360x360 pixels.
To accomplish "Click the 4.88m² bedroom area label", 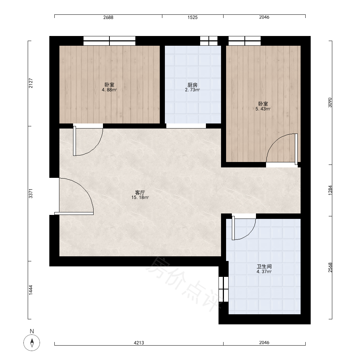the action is tap(109, 90).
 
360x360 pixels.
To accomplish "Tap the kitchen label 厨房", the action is tap(192, 85).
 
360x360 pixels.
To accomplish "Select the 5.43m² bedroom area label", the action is tap(263, 109).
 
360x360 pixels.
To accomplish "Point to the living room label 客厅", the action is tap(140, 192).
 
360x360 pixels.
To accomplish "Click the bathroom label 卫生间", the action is tap(264, 266).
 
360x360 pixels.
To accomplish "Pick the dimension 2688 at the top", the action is tap(108, 17).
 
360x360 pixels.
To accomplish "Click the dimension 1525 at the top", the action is tap(192, 17).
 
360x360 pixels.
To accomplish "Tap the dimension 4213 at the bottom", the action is tap(139, 343).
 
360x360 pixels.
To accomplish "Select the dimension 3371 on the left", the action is tap(31, 194).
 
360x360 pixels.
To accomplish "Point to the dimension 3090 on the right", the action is tap(330, 103).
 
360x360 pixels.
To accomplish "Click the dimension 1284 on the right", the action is tap(330, 190).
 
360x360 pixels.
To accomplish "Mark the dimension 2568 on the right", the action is tap(330, 267).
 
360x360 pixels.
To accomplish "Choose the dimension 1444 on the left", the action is tap(31, 290).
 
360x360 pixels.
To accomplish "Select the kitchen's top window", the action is tap(209, 41).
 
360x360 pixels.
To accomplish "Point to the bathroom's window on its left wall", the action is tap(224, 289).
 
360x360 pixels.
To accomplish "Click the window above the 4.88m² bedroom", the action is tap(109, 41).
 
